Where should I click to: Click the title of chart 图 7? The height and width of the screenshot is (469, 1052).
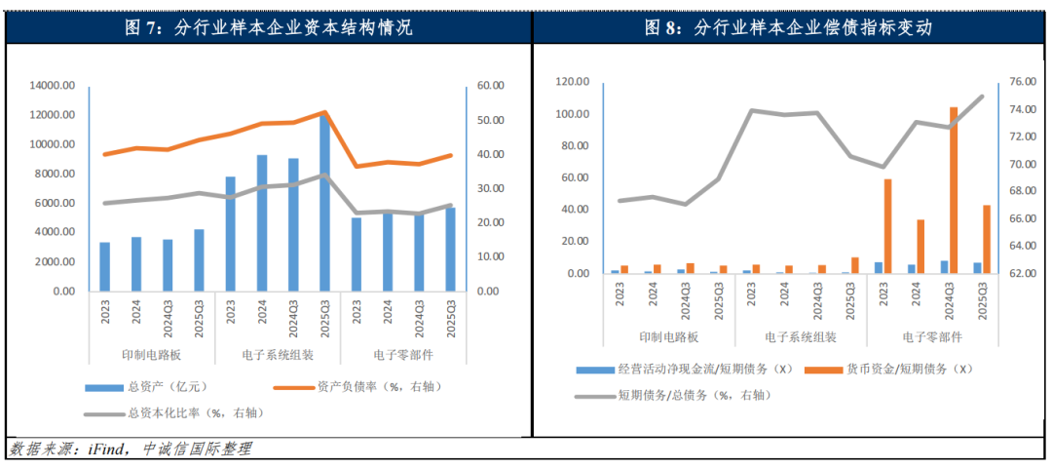tap(269, 28)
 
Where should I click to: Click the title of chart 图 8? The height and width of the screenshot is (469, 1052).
tap(789, 28)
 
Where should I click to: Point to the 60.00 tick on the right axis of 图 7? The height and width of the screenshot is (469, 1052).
tap(491, 86)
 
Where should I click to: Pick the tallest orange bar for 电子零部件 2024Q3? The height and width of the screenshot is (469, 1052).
tap(954, 190)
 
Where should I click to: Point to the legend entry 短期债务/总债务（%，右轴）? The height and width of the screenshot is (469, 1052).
tap(688, 395)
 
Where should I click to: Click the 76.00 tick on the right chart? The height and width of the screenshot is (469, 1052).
tap(1016, 82)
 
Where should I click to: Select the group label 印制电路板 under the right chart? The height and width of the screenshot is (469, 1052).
tap(669, 337)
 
